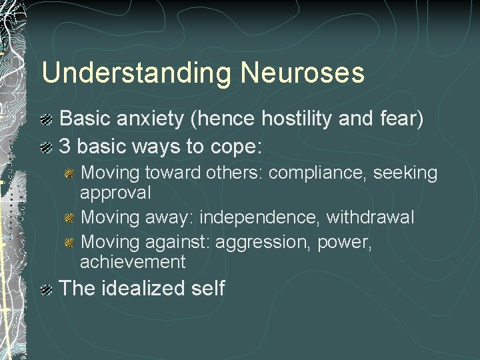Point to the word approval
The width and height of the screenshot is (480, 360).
coord(115,193)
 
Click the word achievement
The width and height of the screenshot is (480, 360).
coord(133,261)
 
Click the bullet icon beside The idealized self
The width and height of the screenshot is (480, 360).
coord(47,289)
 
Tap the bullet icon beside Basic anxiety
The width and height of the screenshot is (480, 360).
coord(47,120)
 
